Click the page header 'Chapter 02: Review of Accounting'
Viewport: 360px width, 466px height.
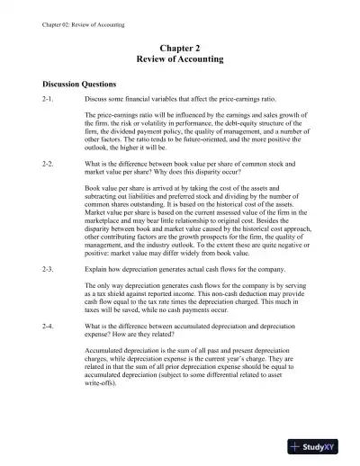point(71,11)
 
